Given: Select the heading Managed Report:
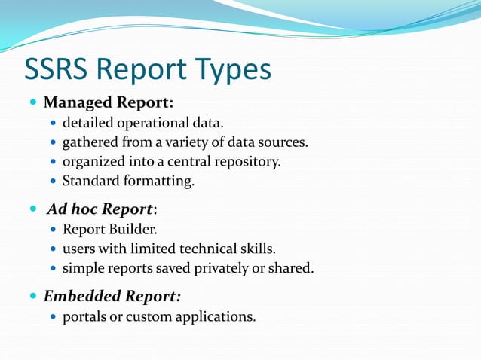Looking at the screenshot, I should pos(109,102).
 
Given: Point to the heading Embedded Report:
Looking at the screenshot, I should pos(112,296).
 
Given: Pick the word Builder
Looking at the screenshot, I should pos(136,229).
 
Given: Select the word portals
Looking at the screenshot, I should pos(84,316).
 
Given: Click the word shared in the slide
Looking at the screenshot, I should pos(293,268).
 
